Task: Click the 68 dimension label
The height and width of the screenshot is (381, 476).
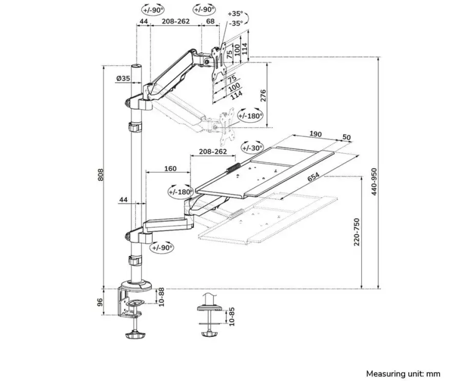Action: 210,22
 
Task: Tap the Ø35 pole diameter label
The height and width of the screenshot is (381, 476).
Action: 123,79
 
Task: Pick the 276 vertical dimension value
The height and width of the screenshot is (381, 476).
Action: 263,96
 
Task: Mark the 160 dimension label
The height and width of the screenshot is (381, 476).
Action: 170,168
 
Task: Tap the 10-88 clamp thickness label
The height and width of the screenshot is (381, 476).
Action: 161,297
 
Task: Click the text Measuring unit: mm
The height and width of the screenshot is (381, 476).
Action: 403,374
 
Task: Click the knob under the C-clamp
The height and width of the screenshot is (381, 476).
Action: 135,335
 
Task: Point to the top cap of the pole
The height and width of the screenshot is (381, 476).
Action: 136,67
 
